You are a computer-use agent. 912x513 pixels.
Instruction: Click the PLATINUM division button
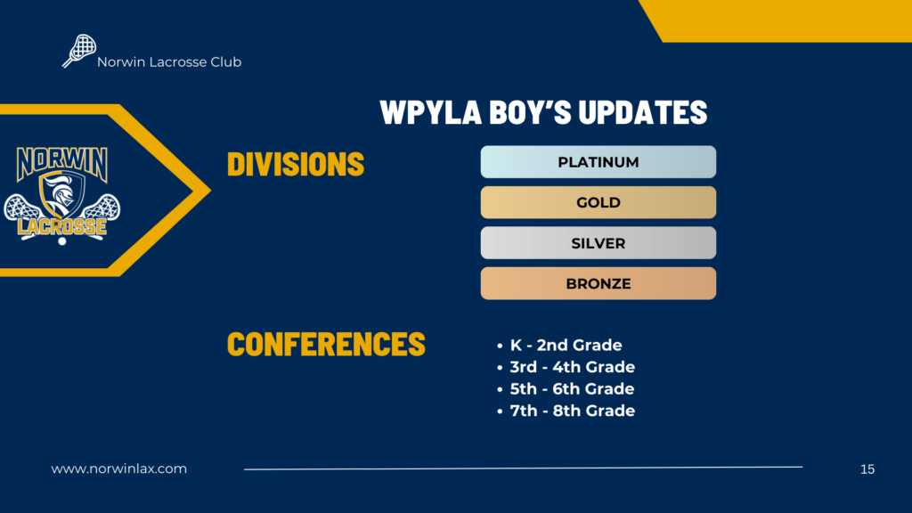[598, 162]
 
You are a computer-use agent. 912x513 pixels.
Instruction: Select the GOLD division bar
[598, 202]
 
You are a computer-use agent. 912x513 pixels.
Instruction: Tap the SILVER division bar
[598, 242]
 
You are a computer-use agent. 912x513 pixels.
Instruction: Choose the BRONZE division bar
[598, 283]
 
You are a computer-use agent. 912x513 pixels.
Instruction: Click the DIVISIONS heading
[296, 164]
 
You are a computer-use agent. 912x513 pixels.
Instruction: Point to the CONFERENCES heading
[326, 344]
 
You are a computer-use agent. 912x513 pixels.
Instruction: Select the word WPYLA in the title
[431, 111]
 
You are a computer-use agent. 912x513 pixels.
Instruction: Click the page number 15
[867, 468]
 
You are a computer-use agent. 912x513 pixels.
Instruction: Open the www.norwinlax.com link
[119, 468]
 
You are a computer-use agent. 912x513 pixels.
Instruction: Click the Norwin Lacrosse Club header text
[169, 61]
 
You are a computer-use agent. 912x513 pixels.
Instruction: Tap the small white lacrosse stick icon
[79, 51]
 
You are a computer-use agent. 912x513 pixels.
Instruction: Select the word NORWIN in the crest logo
[62, 163]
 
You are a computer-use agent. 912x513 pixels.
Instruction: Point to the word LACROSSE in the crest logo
[61, 227]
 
